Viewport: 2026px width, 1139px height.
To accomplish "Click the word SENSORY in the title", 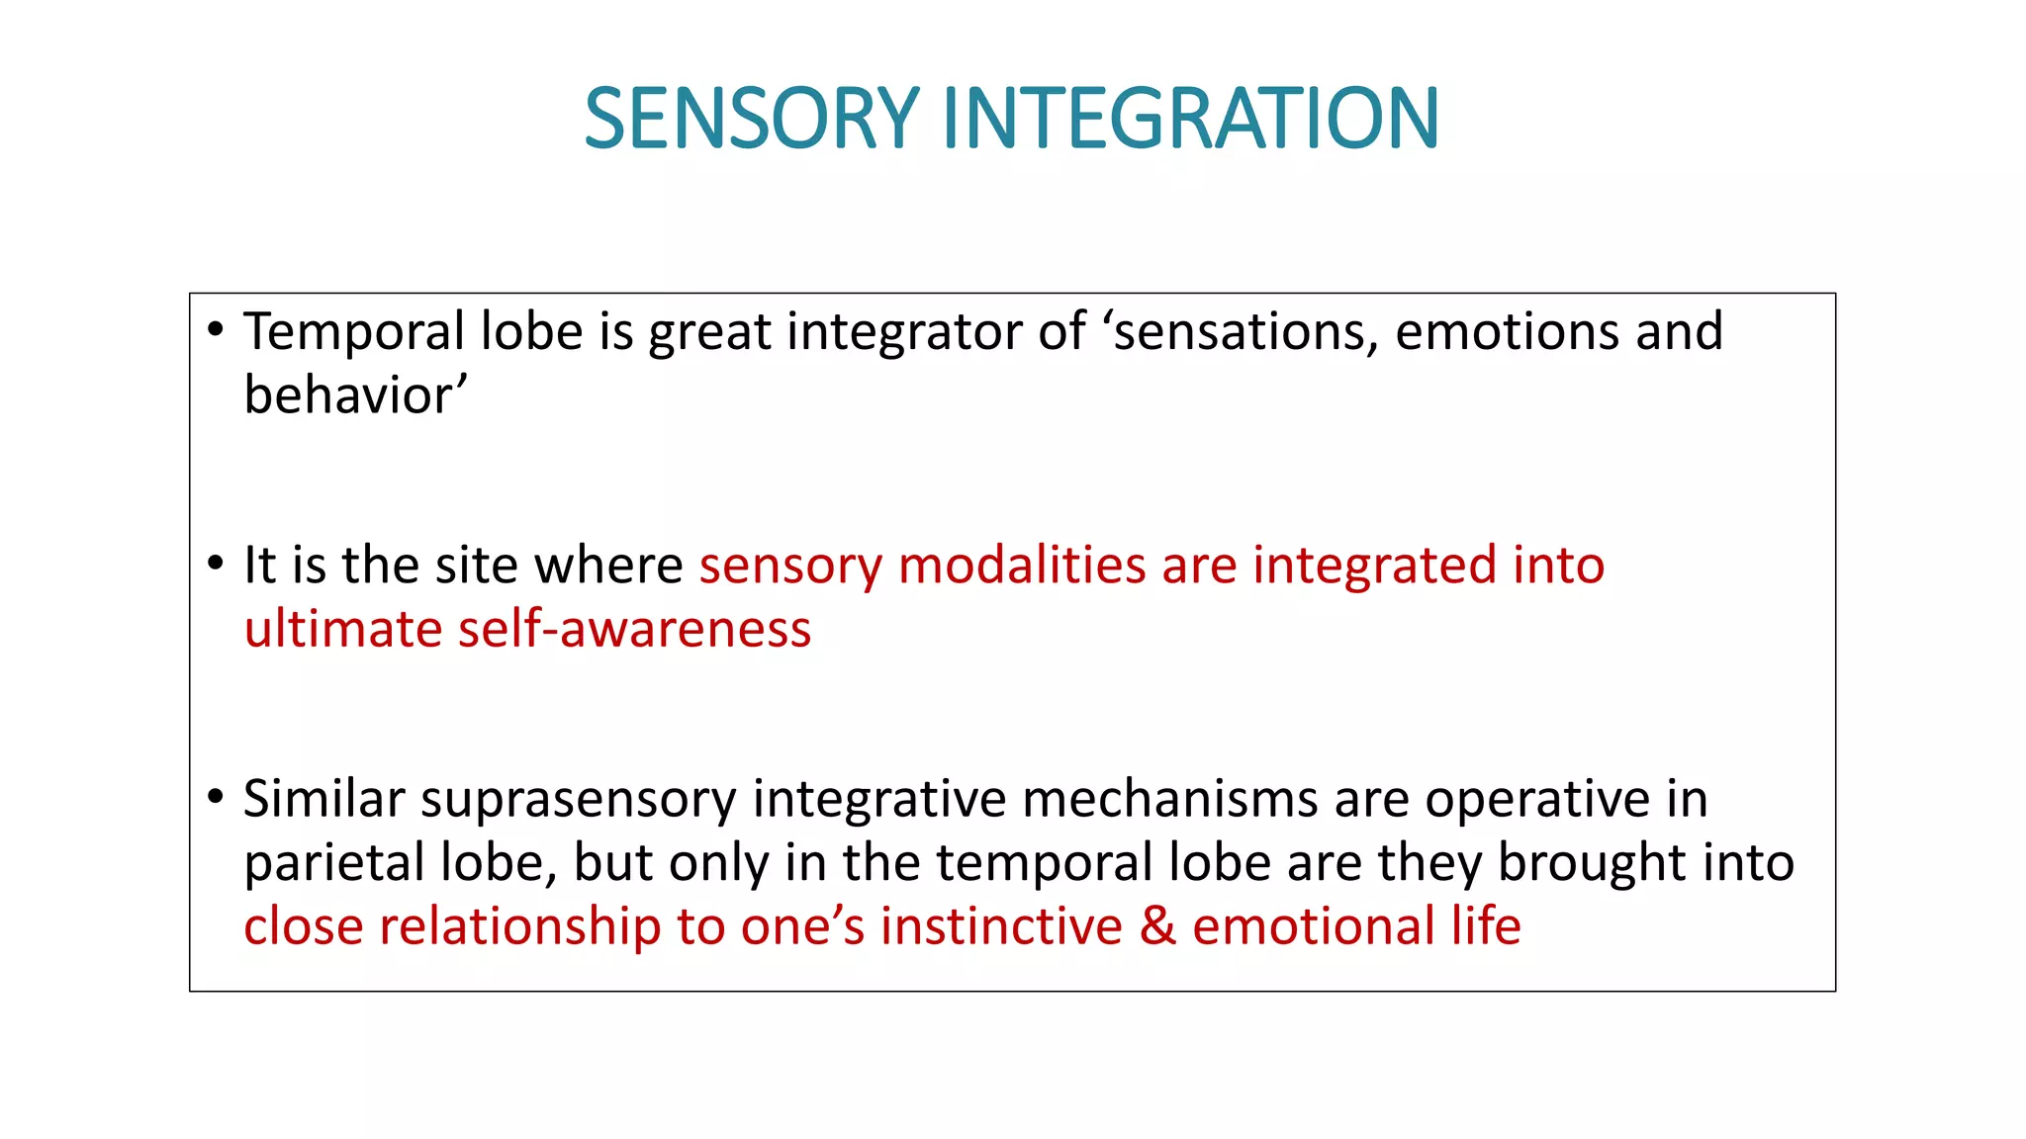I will click(x=752, y=119).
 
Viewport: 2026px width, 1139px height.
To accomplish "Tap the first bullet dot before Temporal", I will click(x=216, y=329).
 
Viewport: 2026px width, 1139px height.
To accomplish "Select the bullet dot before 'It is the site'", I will click(x=216, y=564).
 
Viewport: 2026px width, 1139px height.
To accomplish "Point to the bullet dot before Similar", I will click(x=216, y=797).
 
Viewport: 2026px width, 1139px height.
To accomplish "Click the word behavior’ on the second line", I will click(x=355, y=395).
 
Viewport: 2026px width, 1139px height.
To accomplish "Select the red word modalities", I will click(x=1022, y=566).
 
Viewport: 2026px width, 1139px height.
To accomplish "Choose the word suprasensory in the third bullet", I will click(x=579, y=800).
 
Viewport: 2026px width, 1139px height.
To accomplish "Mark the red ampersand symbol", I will click(x=1157, y=927).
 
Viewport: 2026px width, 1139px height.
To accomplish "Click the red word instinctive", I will click(x=1001, y=927).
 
